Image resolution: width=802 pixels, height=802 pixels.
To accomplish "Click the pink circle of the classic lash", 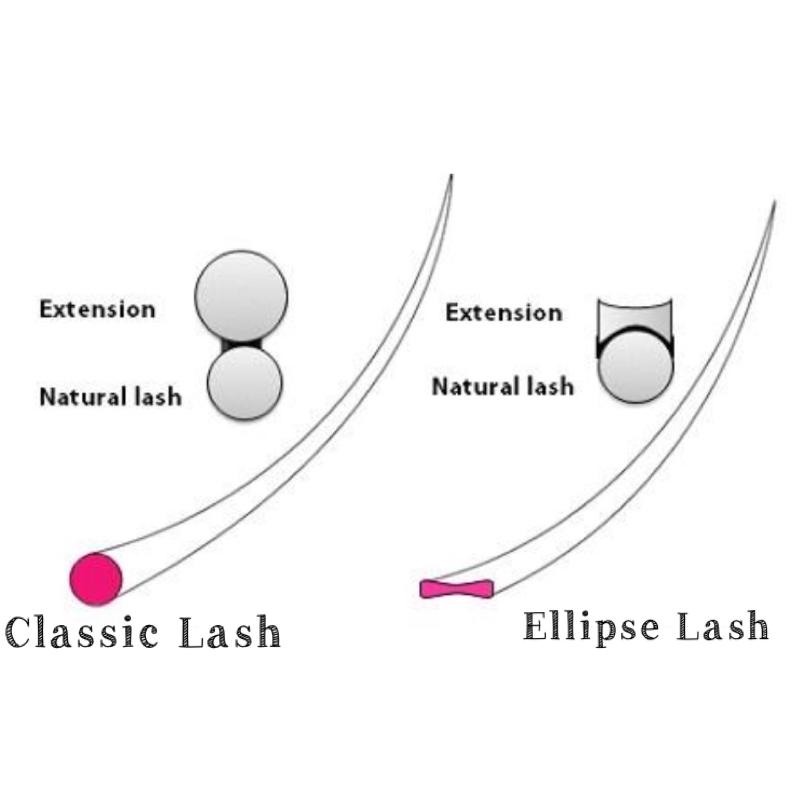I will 95,579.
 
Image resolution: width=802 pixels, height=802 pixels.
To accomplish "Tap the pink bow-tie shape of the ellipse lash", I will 457,589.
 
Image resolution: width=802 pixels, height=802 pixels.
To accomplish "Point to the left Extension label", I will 97,309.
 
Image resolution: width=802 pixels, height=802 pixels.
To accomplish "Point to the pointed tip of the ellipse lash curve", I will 774,203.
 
